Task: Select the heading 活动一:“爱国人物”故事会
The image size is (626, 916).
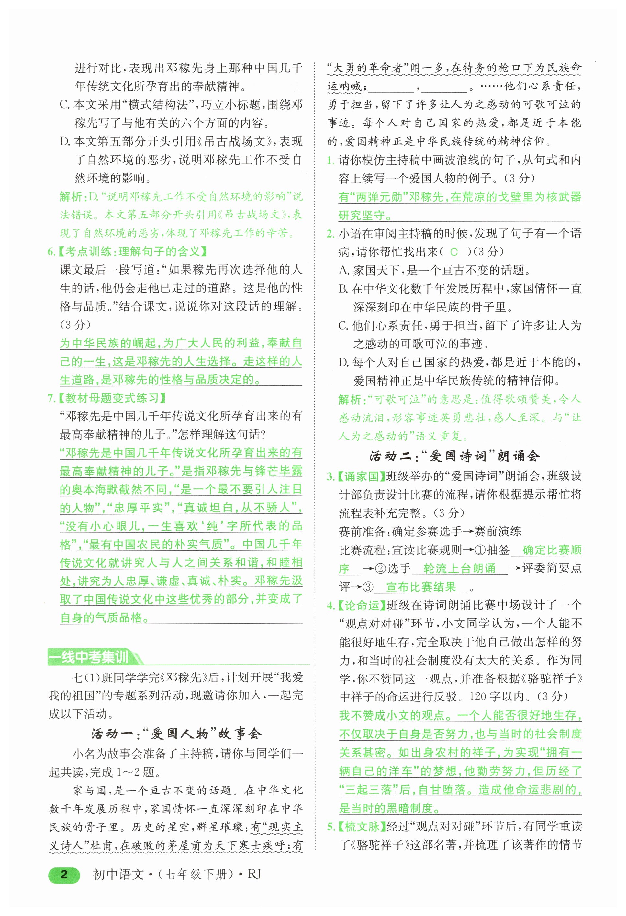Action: tap(176, 734)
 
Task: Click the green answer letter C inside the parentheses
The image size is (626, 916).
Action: tap(454, 252)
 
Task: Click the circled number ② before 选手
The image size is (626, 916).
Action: tap(380, 568)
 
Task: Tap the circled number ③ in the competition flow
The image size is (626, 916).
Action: tap(368, 587)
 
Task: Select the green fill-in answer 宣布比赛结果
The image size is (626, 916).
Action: tap(420, 587)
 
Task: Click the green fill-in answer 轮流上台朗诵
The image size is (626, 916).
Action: tap(459, 568)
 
